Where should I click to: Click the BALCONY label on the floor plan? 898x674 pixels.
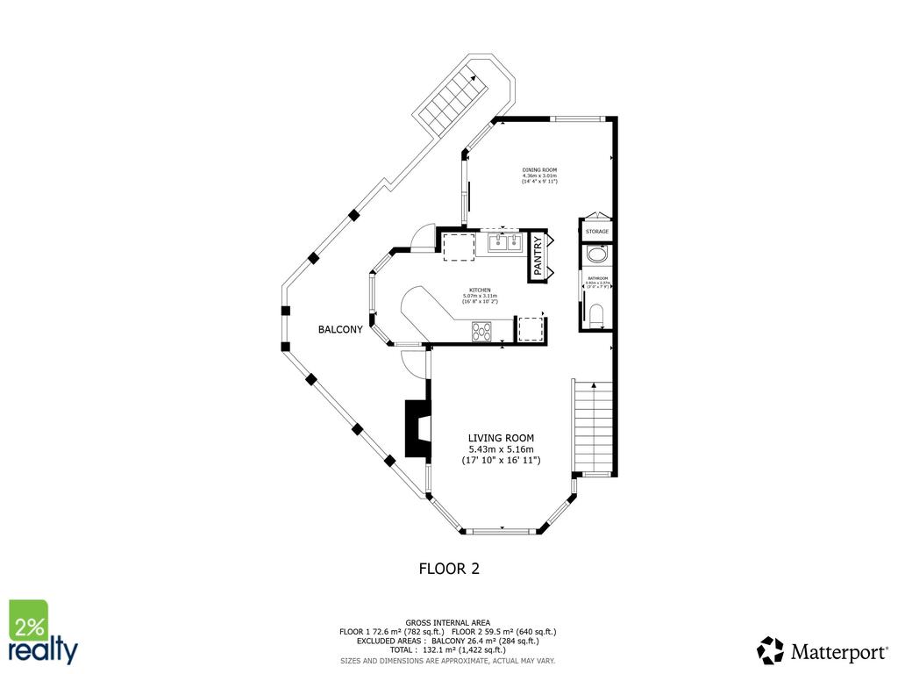click(x=339, y=330)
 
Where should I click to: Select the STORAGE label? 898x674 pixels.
click(x=597, y=232)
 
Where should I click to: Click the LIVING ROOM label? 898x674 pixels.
click(x=501, y=438)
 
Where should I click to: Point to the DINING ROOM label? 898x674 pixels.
click(x=539, y=170)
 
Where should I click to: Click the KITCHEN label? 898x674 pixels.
click(x=480, y=290)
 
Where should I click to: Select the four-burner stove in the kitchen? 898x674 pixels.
click(x=482, y=331)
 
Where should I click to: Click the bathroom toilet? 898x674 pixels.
click(x=597, y=316)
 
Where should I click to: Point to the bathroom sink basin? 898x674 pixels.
click(x=596, y=255)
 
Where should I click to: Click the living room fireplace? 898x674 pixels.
click(x=416, y=428)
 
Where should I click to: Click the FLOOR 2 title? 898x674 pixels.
click(x=449, y=569)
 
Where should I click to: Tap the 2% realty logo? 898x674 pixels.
click(x=42, y=632)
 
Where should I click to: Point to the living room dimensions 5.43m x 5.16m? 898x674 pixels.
click(x=501, y=449)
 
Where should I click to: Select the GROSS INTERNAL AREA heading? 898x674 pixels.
click(x=448, y=621)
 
